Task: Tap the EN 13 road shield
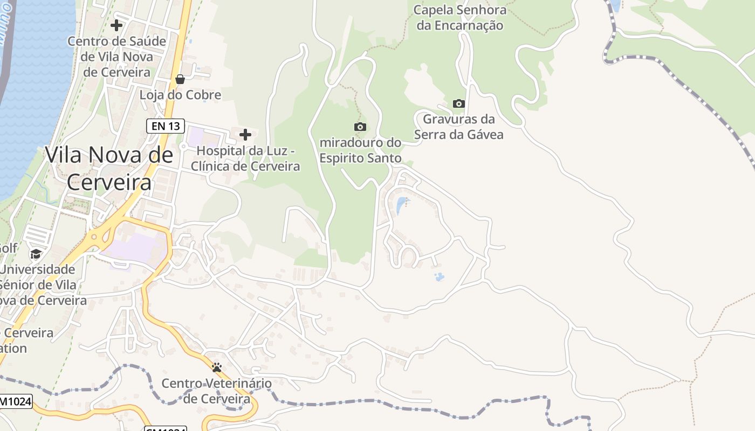(x=166, y=127)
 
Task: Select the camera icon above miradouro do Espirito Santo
(x=360, y=127)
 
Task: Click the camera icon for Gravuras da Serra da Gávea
(x=458, y=103)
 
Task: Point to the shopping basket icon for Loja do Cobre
(x=180, y=80)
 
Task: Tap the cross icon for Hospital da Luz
(x=245, y=134)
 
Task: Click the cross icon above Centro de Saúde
(x=116, y=25)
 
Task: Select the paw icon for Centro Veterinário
(x=217, y=367)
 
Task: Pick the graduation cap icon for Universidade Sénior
(x=36, y=254)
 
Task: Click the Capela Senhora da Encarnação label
(x=460, y=18)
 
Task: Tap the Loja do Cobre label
(x=180, y=95)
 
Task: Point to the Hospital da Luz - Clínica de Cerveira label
(x=245, y=158)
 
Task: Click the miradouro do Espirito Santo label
(x=361, y=150)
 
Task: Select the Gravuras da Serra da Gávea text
(x=459, y=127)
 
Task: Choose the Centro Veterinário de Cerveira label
(x=217, y=391)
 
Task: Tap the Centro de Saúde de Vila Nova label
(x=116, y=56)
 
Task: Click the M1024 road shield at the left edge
(x=15, y=401)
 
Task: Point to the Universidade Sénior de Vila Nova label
(x=38, y=284)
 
